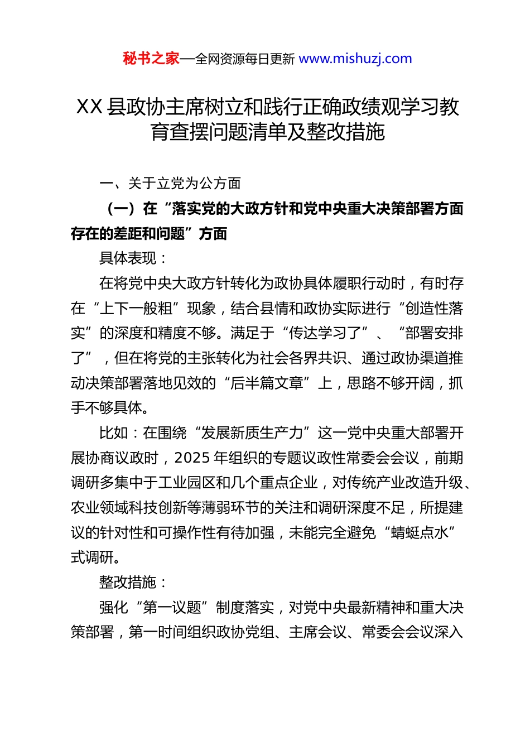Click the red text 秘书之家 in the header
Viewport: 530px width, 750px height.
point(151,59)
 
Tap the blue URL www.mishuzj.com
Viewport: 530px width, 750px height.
point(355,59)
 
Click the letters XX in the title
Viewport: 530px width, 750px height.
point(89,107)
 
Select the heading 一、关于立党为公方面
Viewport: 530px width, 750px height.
point(170,183)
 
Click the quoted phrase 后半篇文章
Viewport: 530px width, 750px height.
point(267,383)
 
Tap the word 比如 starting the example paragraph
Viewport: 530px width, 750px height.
point(113,432)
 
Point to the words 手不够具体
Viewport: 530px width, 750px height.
point(107,407)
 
